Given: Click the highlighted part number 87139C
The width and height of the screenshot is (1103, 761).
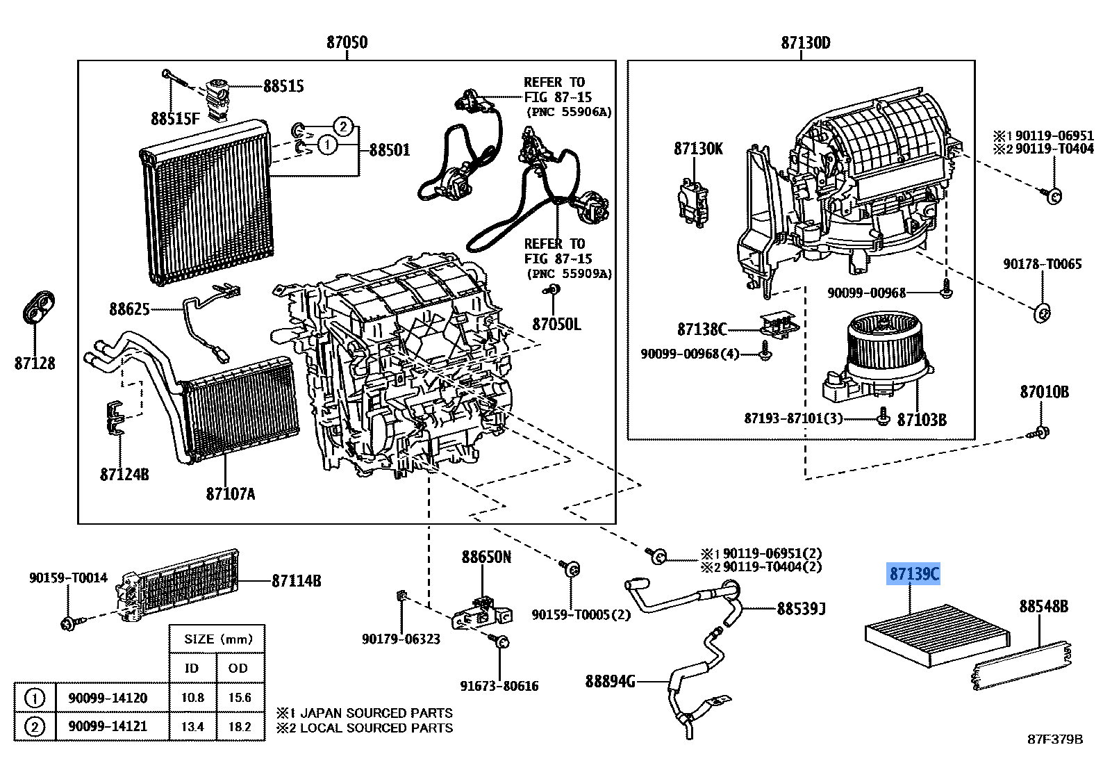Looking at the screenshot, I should [x=914, y=574].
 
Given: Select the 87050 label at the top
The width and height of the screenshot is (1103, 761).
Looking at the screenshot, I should [x=347, y=42].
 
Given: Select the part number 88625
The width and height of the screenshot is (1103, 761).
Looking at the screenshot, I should [x=128, y=308].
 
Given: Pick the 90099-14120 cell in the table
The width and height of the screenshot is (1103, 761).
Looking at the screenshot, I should [x=108, y=698].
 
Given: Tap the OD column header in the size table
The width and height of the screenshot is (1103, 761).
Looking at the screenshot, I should [x=238, y=668].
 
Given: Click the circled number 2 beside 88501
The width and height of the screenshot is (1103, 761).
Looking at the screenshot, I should [x=342, y=126].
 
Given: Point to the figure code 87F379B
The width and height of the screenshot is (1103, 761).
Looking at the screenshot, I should [x=1055, y=739].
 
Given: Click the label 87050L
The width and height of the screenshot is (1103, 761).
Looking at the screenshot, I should [x=556, y=324].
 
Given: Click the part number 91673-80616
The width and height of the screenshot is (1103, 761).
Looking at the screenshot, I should [x=499, y=686].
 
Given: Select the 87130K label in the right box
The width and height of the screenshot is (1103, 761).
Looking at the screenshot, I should [x=698, y=148].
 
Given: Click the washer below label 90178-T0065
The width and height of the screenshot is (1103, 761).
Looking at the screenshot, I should [x=1042, y=312].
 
